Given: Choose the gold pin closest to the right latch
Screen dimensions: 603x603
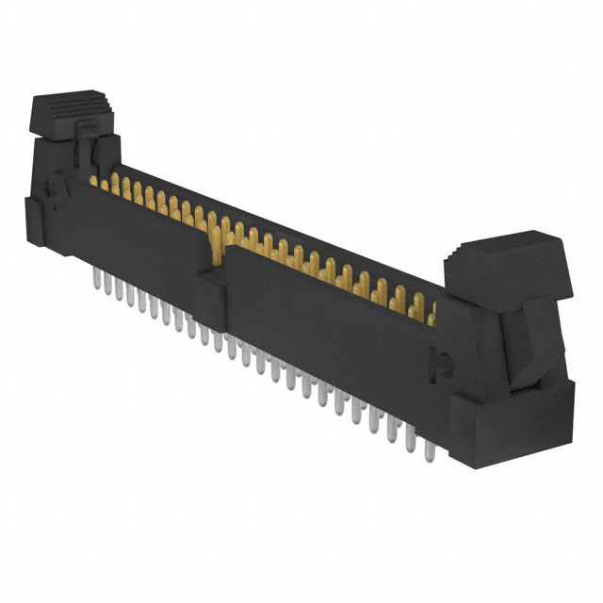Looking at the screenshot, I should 432,314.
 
